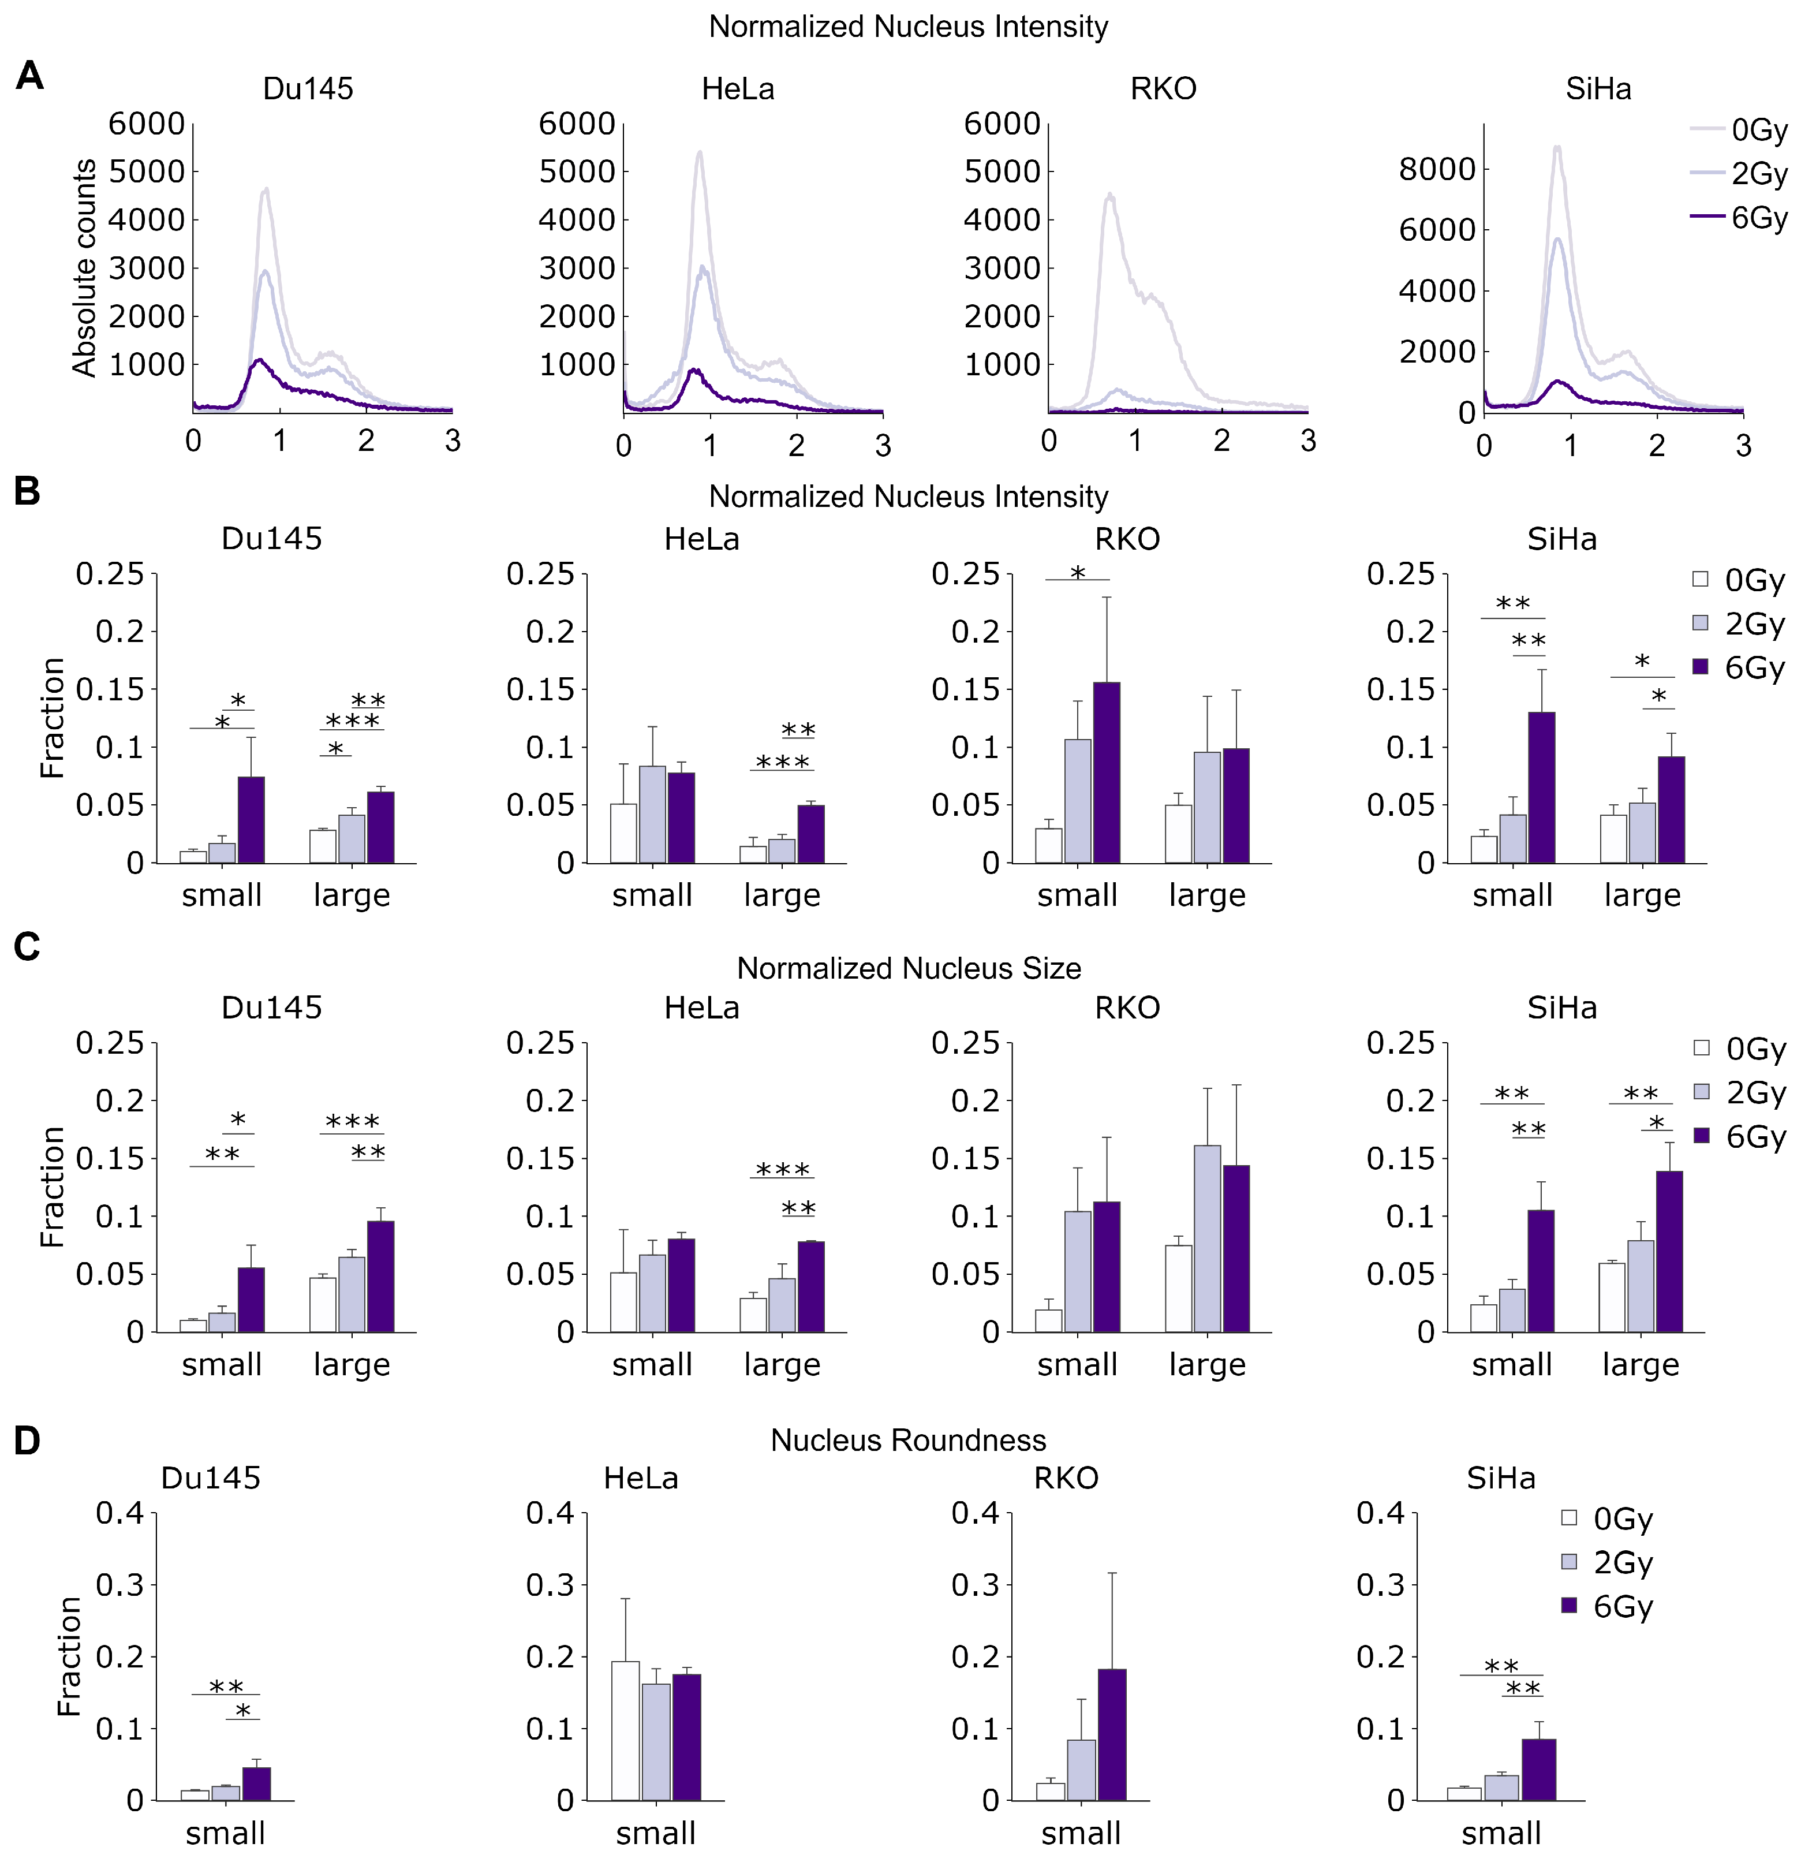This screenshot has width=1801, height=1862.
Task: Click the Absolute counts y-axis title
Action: pyautogui.click(x=84, y=268)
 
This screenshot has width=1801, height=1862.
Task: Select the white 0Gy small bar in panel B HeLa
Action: pyautogui.click(x=623, y=833)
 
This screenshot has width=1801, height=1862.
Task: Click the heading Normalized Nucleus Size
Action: pyautogui.click(x=908, y=968)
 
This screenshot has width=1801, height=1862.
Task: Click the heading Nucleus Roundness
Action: pyautogui.click(x=908, y=1440)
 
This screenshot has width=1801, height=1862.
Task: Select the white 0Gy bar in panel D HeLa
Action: pyautogui.click(x=625, y=1731)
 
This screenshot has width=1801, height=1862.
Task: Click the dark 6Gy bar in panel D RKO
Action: pyautogui.click(x=1111, y=1735)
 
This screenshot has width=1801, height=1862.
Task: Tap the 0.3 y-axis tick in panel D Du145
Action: pyautogui.click(x=119, y=1585)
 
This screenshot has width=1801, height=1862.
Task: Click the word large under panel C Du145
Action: pyautogui.click(x=352, y=1365)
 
